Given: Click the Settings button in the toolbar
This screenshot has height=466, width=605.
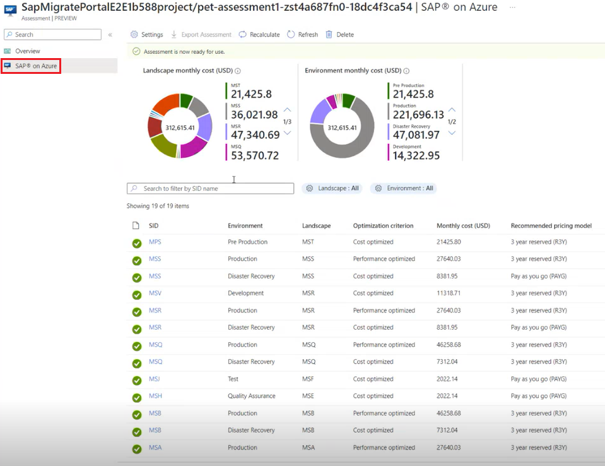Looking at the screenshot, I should click(x=147, y=35).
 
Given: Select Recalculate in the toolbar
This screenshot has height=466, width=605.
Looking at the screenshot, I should click(x=259, y=35).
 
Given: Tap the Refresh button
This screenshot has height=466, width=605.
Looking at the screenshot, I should click(x=303, y=35).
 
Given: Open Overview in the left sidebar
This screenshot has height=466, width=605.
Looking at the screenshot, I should click(x=27, y=51).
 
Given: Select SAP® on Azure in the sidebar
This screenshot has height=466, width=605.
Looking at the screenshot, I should click(x=36, y=66).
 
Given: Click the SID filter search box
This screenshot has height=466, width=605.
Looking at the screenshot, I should click(x=211, y=188).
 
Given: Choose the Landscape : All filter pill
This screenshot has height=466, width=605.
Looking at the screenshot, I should click(x=332, y=188).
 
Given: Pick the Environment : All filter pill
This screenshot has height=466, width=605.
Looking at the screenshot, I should click(x=404, y=188).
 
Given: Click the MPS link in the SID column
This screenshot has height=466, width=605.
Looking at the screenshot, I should click(x=155, y=242).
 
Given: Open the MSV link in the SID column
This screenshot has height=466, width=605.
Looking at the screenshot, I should click(x=155, y=293).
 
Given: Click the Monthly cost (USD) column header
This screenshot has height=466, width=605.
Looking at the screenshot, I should click(x=463, y=225).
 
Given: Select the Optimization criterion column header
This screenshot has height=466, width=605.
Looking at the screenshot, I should click(x=383, y=225).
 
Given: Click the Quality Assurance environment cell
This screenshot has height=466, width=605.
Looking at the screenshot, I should click(x=251, y=396).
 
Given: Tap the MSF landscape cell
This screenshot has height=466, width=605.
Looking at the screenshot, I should click(x=308, y=379).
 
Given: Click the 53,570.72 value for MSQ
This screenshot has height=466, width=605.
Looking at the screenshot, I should click(x=255, y=155).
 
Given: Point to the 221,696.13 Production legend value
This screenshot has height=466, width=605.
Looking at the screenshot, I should click(x=417, y=115).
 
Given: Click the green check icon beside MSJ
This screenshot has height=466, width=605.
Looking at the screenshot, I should click(x=136, y=380).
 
